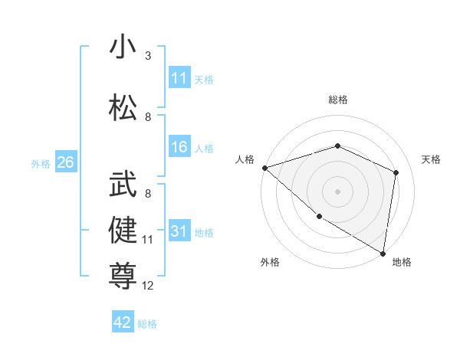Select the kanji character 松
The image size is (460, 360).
(123, 106)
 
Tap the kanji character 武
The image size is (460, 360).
(123, 185)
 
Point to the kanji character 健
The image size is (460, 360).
(123, 230)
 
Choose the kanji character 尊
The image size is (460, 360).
(123, 275)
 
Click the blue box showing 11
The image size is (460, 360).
(179, 78)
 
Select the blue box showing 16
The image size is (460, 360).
(179, 148)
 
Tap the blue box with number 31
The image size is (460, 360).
(179, 231)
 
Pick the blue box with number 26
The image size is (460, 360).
(65, 162)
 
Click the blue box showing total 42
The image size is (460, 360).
(123, 322)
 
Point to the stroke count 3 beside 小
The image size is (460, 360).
(148, 56)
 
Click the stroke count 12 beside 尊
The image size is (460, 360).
(148, 286)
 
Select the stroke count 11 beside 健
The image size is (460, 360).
(148, 240)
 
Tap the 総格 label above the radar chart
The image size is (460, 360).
(338, 100)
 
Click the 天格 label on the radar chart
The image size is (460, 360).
(432, 159)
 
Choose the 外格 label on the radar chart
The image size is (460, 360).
(270, 262)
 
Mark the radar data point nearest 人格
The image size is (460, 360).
(264, 167)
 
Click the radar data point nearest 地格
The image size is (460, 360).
(383, 252)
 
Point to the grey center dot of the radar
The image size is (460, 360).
(338, 191)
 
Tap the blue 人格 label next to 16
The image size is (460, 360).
(204, 149)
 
